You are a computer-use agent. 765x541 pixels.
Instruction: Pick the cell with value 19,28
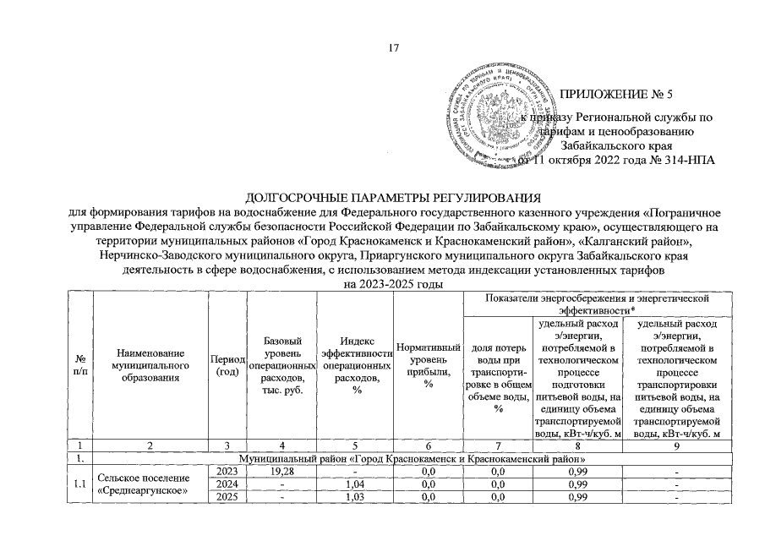click(281, 470)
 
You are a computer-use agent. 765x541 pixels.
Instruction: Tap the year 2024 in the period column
click(227, 485)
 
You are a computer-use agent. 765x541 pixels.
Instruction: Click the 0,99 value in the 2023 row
click(576, 470)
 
